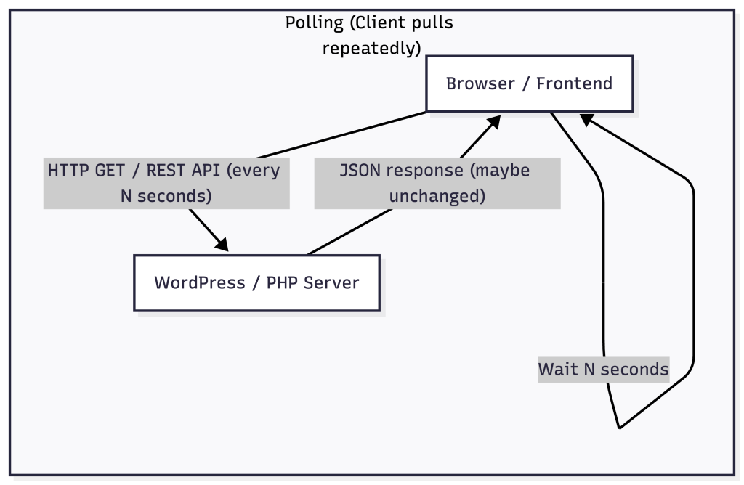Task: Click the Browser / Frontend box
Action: (529, 83)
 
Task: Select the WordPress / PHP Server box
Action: (256, 282)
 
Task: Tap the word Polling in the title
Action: (314, 23)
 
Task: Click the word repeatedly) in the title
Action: (371, 49)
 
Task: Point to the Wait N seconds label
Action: (603, 369)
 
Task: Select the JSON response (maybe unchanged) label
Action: (437, 183)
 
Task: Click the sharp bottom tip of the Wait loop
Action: (618, 428)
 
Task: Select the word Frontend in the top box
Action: (574, 83)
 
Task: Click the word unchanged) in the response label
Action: (437, 196)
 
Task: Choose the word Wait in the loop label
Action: (558, 369)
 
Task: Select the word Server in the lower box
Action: (331, 282)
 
